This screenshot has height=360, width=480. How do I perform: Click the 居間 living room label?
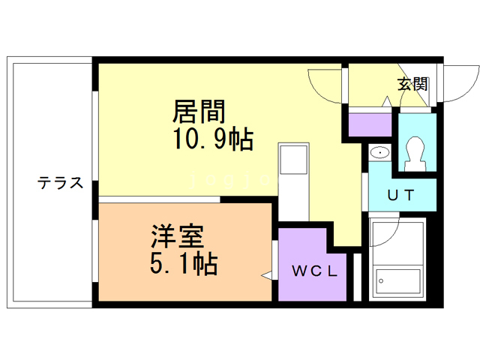(199, 112)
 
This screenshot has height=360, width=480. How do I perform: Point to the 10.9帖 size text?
(213, 139)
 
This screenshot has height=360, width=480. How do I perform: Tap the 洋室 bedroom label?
(177, 237)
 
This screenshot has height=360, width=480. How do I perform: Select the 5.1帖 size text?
(184, 263)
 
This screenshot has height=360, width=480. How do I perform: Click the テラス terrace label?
(60, 183)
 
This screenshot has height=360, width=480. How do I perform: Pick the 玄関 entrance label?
(412, 84)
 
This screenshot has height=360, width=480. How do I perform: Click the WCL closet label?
(315, 271)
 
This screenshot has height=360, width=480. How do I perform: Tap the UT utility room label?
(401, 195)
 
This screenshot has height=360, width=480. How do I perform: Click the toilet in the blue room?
(415, 154)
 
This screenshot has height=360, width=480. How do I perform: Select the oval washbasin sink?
(380, 152)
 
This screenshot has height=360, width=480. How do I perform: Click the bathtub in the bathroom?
(397, 282)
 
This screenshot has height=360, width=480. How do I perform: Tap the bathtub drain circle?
(382, 281)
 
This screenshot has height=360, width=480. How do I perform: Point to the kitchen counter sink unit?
(293, 181)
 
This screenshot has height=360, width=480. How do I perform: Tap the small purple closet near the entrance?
(370, 125)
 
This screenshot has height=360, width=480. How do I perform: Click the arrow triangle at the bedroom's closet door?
(267, 275)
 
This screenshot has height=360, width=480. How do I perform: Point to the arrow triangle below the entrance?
(387, 101)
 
